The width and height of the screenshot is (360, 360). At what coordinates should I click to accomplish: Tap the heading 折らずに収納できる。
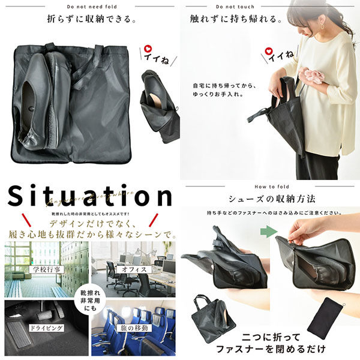pos(90,19)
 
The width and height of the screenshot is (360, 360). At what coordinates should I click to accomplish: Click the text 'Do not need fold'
pos(90,6)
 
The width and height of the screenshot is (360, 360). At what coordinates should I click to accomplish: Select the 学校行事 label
pos(45,270)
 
